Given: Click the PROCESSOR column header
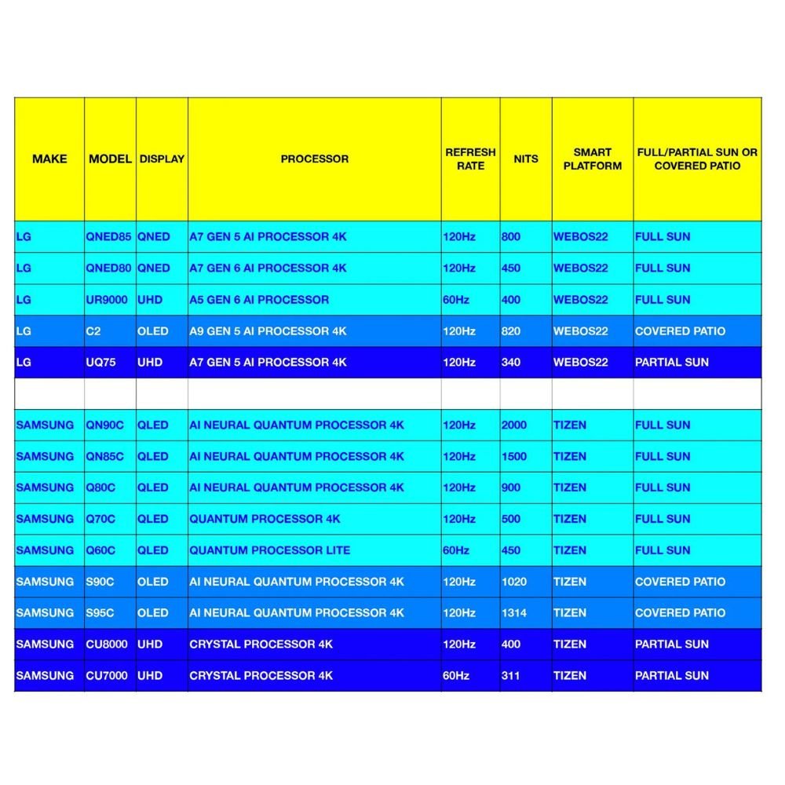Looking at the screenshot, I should (x=314, y=159).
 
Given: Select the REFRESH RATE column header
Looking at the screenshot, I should (x=470, y=159).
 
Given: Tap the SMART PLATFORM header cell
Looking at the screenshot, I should (x=592, y=159).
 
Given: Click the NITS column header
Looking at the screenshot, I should (x=525, y=159).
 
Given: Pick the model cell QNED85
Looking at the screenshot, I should (x=109, y=236).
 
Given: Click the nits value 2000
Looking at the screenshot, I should (x=514, y=425).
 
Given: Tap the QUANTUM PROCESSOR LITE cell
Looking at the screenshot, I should (x=269, y=550).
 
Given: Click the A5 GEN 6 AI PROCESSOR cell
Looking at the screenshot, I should (x=259, y=299).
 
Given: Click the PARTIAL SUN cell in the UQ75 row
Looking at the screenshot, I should (x=671, y=362).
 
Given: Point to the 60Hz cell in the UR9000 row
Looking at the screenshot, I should (x=456, y=299).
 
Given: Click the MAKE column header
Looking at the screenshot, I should (x=49, y=159).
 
